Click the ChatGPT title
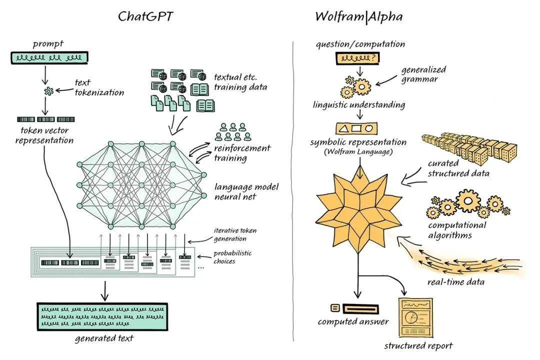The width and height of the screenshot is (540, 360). pyautogui.click(x=145, y=16)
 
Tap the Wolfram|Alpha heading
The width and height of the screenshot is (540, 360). pyautogui.click(x=358, y=16)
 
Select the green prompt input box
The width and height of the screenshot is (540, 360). pyautogui.click(x=49, y=57)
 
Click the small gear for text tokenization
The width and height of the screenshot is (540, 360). pyautogui.click(x=49, y=91)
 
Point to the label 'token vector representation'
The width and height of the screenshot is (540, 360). pyautogui.click(x=44, y=135)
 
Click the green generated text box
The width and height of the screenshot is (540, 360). pyautogui.click(x=102, y=316)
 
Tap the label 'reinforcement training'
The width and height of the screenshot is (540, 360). pyautogui.click(x=242, y=153)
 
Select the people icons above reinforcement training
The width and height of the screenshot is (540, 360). pyautogui.click(x=233, y=132)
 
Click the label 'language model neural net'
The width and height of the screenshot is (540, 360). pyautogui.click(x=246, y=191)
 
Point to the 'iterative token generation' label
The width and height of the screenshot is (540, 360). pyautogui.click(x=235, y=234)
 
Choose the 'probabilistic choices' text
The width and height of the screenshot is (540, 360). pyautogui.click(x=232, y=257)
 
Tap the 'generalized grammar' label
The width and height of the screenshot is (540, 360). pyautogui.click(x=423, y=74)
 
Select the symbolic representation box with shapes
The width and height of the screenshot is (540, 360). pyautogui.click(x=356, y=128)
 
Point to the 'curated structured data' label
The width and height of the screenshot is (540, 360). pyautogui.click(x=458, y=168)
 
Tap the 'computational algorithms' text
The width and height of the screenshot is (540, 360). pyautogui.click(x=457, y=230)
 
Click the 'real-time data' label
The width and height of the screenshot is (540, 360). pyautogui.click(x=455, y=282)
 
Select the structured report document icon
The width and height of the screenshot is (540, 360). pyautogui.click(x=415, y=318)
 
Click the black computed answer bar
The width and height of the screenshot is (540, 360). pyautogui.click(x=361, y=308)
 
